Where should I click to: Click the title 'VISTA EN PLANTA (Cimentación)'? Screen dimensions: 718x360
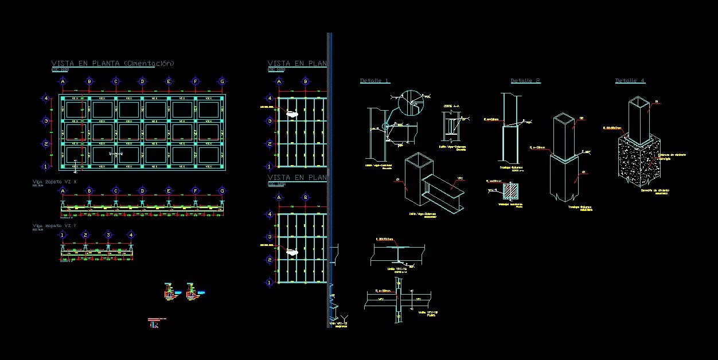point(113,64)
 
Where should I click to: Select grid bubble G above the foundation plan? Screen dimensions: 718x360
point(222,81)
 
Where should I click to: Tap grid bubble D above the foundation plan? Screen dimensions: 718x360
point(142,81)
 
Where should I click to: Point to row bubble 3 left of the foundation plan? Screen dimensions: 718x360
point(46,121)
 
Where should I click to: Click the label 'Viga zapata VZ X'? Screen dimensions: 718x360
point(54,182)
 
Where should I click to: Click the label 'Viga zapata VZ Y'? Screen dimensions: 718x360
point(54,226)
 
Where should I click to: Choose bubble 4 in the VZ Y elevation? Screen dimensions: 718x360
point(131,234)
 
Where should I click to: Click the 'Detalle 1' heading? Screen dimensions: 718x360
point(374,81)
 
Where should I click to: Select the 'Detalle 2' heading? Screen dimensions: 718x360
point(525,81)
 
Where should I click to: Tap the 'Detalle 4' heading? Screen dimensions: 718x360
point(630,81)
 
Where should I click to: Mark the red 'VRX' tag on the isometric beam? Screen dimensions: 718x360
point(459,179)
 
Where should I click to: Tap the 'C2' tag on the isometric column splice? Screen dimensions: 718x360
point(582,119)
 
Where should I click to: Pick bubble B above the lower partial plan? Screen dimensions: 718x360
point(306,198)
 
